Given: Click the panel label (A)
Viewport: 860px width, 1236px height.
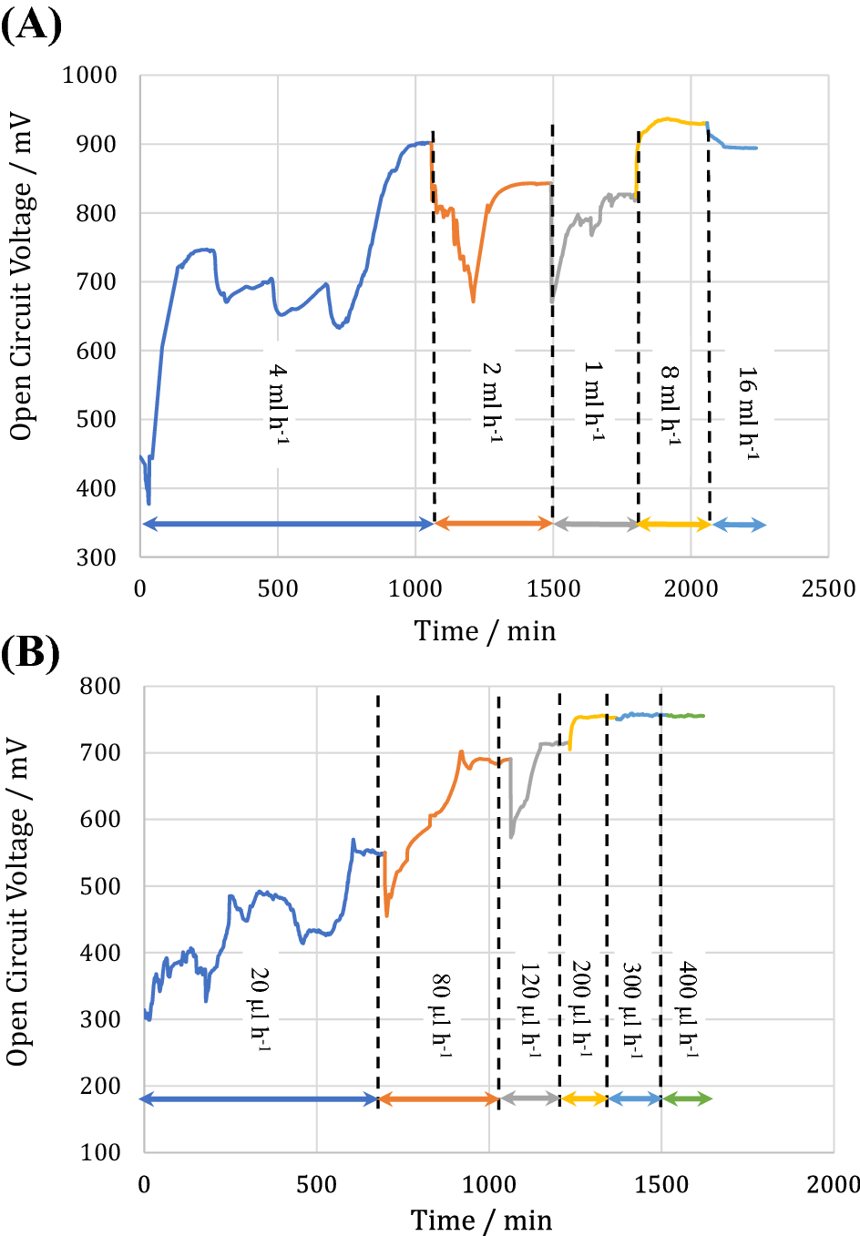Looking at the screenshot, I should tap(31, 24).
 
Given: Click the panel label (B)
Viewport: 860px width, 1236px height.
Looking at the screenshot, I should tap(31, 652).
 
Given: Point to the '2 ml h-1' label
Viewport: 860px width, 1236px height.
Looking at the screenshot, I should tap(492, 402).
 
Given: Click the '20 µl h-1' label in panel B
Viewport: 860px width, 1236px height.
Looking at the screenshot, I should tap(261, 1009).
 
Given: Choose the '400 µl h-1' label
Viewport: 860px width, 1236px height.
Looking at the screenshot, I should tap(689, 1009).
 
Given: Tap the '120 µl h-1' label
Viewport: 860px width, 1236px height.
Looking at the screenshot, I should tap(530, 1009).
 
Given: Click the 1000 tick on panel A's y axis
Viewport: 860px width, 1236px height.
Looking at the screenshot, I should tap(89, 76).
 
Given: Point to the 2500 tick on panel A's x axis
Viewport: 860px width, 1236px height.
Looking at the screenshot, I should tap(828, 588).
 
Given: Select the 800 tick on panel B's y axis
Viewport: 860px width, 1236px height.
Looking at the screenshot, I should tap(100, 687).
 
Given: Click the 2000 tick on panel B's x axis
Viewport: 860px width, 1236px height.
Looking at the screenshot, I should tap(833, 1184).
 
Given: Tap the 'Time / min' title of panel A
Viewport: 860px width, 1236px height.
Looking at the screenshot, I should tap(485, 630).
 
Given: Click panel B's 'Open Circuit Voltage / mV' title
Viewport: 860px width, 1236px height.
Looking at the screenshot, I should tap(18, 902).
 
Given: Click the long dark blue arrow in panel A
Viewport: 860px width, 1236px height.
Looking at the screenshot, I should tap(287, 524).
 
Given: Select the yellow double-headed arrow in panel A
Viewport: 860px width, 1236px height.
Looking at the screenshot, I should tap(674, 524).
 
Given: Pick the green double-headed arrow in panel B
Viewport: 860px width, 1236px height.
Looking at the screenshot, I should tap(687, 1099).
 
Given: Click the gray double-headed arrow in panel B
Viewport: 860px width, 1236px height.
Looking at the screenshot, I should tap(529, 1099).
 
